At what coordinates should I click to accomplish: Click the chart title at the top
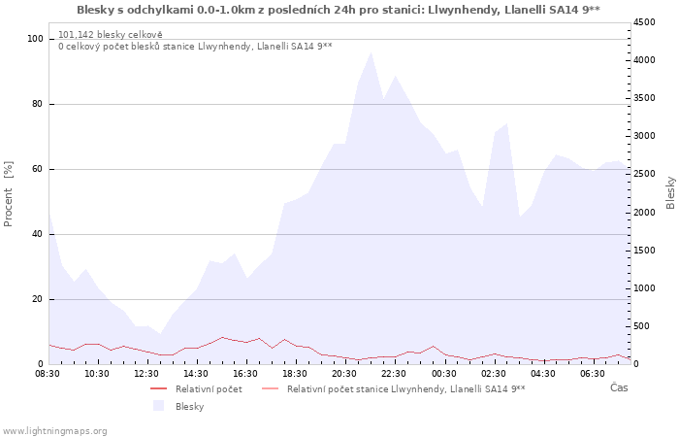339,10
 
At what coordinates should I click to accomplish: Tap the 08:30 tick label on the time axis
48,374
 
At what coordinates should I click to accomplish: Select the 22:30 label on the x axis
394,374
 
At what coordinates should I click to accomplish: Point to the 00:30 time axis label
444,374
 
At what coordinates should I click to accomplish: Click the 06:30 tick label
593,374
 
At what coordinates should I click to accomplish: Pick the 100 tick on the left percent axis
36,39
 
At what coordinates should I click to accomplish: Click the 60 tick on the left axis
38,169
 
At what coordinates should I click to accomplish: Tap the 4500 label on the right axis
644,22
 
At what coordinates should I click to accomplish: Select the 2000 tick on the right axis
644,213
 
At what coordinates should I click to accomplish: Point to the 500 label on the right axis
642,326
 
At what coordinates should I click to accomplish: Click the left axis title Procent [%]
8,194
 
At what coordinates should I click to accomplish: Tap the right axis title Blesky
670,193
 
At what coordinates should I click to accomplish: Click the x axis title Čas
619,387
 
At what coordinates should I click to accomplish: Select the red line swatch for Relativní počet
158,388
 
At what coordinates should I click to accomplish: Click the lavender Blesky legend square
158,406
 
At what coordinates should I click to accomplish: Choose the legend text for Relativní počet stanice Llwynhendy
406,389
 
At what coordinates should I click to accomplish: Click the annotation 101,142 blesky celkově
111,35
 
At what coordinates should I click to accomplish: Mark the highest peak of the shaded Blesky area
371,52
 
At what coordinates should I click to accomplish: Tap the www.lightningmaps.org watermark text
54,431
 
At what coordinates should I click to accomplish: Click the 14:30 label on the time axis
196,374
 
